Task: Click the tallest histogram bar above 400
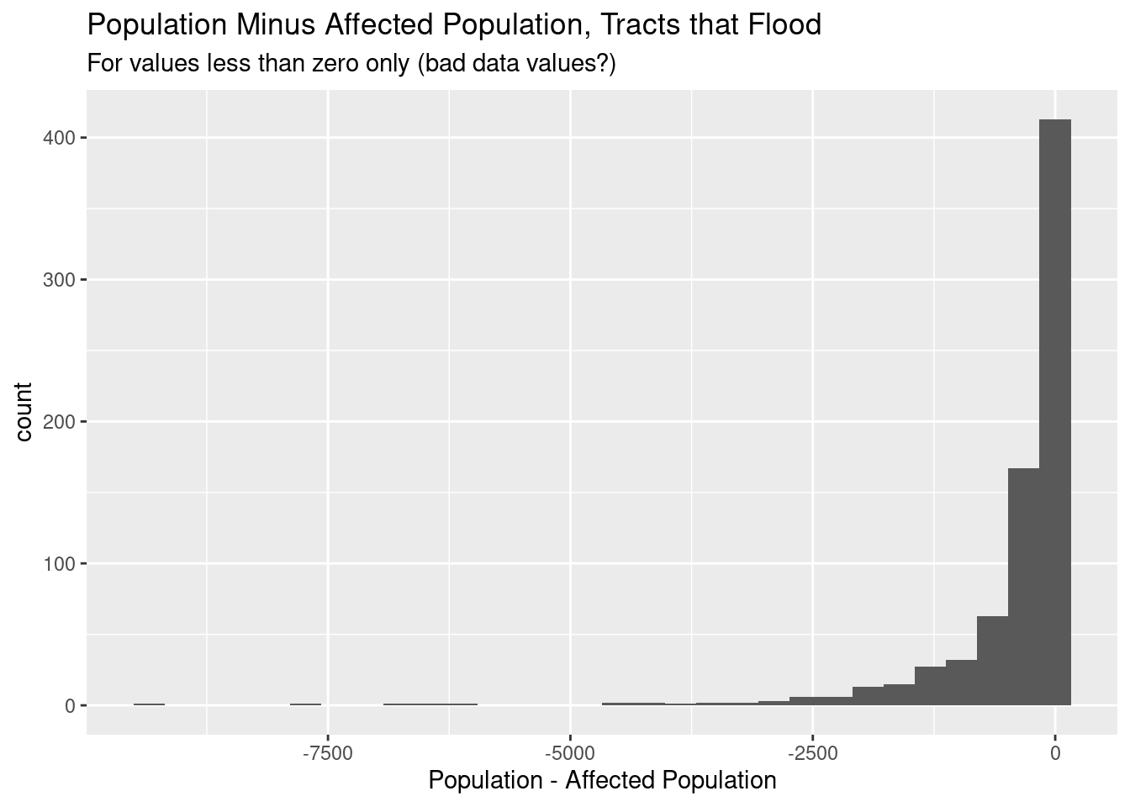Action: [1055, 412]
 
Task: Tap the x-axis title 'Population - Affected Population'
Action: [602, 781]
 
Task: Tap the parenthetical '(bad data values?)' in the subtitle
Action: [517, 64]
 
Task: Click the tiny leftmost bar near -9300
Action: [149, 704]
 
